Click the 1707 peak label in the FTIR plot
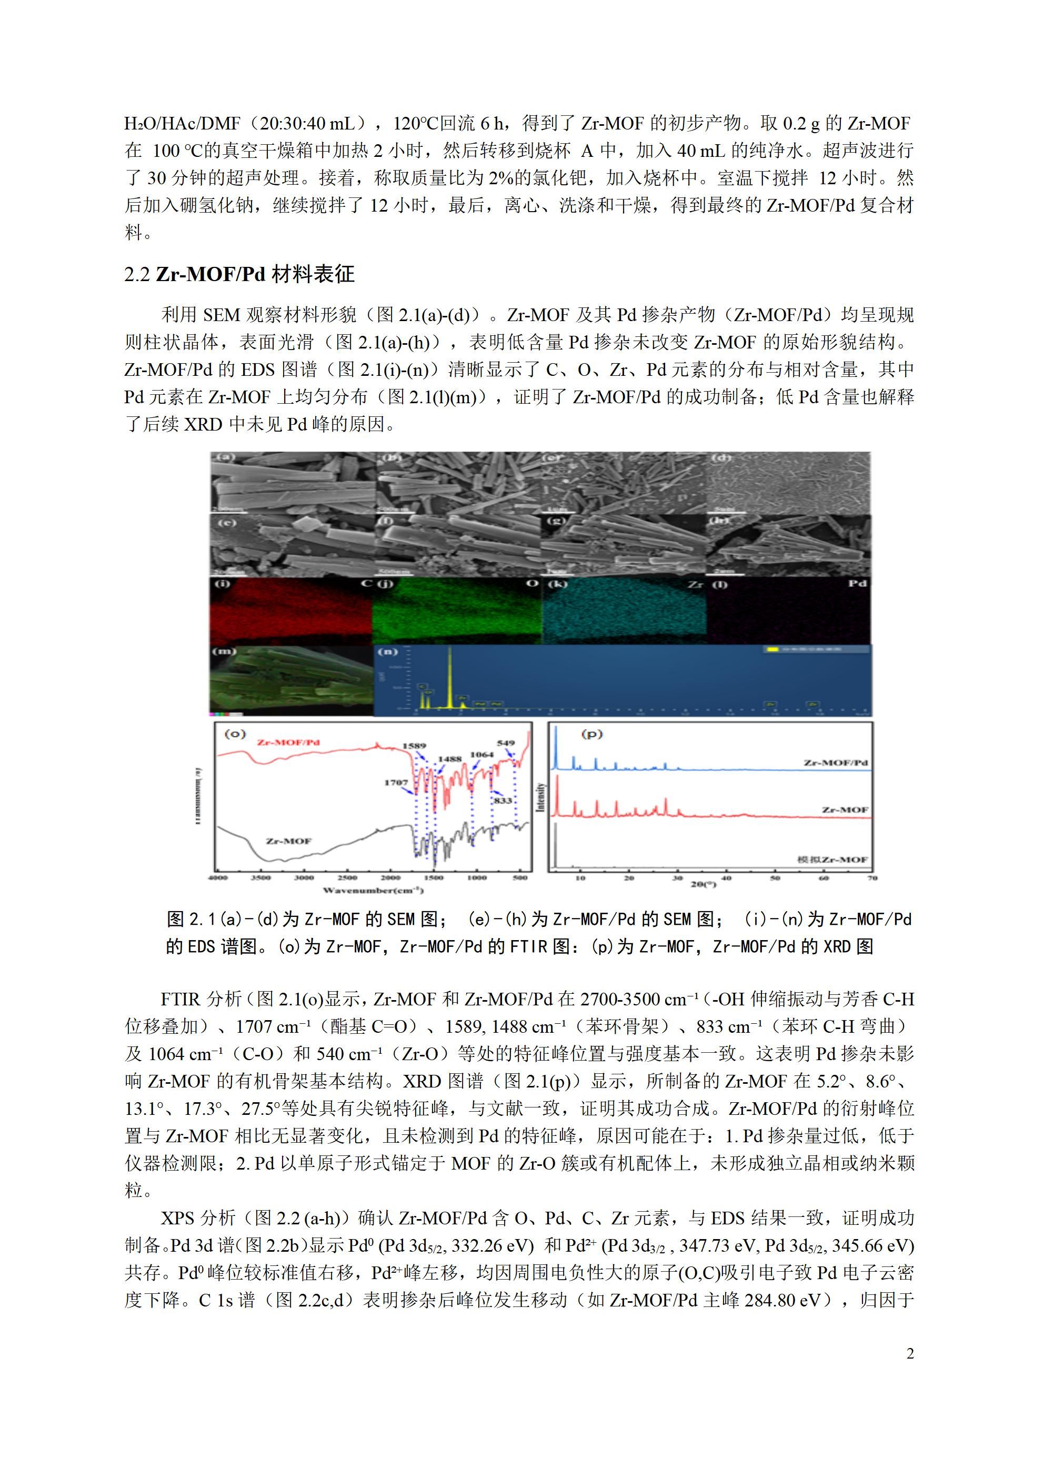396,783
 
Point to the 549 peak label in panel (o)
506,743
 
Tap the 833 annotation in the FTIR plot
503,800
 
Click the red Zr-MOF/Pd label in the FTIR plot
288,742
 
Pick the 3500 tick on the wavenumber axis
261,877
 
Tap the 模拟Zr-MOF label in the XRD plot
832,860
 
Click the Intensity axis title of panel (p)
540,797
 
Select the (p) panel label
592,734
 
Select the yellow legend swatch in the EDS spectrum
772,649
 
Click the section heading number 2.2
137,274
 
